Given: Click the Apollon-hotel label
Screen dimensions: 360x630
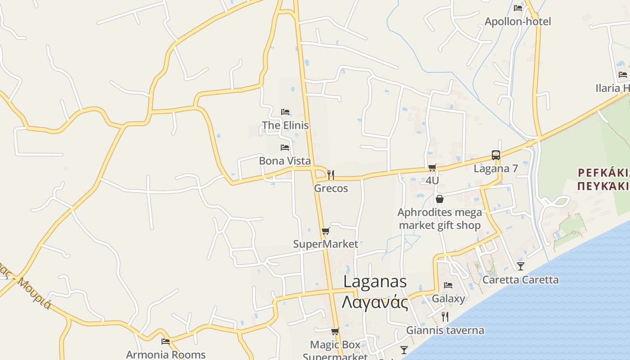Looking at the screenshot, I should coord(517,22).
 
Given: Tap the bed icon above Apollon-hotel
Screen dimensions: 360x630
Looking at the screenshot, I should coord(518,8).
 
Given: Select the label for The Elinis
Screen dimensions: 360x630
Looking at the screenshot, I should coord(285,125).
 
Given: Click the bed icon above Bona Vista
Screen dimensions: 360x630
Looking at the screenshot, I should coord(285,147).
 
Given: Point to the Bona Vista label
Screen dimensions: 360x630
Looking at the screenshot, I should coord(285,161).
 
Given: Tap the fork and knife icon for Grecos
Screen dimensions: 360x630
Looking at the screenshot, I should coord(331,175).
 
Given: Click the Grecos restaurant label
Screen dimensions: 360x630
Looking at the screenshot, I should coord(331,188).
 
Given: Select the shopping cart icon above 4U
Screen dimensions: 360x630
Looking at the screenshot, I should coord(432,167).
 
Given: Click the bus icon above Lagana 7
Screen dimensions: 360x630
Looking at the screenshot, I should coord(496,155).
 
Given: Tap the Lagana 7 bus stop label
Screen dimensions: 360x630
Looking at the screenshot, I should coord(496,169).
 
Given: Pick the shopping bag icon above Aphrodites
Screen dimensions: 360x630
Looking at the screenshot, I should coord(440,198).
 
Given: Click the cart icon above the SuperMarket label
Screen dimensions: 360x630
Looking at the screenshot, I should coord(326,231).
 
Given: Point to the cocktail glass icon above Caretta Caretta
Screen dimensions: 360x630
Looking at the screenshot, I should coord(521,266).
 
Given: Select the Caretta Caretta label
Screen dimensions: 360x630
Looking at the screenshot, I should coord(521,280).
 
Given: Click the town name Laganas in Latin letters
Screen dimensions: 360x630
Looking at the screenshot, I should coord(375,282).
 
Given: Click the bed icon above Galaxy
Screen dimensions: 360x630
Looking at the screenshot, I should coord(448,285).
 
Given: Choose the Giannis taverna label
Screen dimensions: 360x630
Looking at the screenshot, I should coord(445,330).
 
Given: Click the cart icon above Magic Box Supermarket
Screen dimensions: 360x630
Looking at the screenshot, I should coord(335,331).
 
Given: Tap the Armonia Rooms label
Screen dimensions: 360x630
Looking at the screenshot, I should coord(166,355).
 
